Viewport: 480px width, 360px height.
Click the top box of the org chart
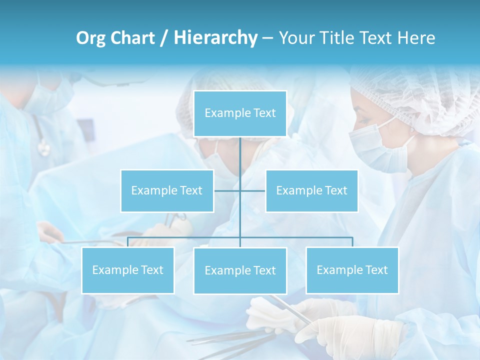[x=240, y=113]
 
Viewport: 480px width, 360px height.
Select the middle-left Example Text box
[x=167, y=190]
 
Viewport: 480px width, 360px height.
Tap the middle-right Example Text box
[x=311, y=190]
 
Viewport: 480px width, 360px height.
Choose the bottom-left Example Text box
[x=128, y=270]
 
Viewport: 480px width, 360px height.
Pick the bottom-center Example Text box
[x=240, y=270]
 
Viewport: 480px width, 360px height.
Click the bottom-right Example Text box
[x=352, y=270]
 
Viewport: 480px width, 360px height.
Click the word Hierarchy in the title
[x=215, y=37]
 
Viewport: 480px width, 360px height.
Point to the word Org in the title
[x=90, y=38]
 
